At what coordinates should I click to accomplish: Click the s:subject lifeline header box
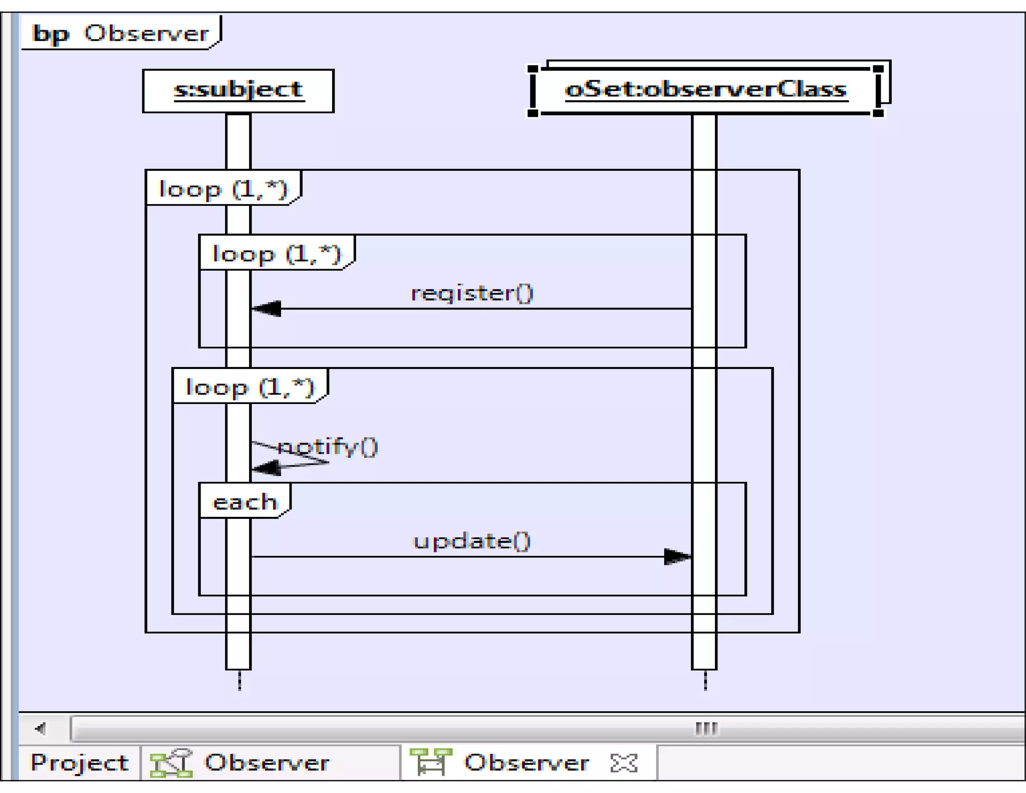point(238,91)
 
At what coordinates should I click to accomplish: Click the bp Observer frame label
point(120,33)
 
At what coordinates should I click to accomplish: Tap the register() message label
point(472,293)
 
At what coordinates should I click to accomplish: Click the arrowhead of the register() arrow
point(267,308)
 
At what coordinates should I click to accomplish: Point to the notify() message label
point(327,446)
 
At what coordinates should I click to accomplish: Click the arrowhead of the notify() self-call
point(266,468)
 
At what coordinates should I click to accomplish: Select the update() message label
point(472,541)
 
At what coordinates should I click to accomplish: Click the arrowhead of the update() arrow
point(677,556)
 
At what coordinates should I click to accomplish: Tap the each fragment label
point(244,502)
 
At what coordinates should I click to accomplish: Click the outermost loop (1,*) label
point(223,189)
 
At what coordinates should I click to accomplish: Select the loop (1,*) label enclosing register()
point(277,254)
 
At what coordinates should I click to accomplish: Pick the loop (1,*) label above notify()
point(249,387)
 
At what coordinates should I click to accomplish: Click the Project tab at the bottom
point(79,762)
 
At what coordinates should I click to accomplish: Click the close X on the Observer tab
point(624,762)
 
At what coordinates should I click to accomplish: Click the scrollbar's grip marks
point(706,728)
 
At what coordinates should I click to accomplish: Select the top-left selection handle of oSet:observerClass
point(533,69)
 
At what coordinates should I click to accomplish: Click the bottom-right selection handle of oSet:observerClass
point(878,113)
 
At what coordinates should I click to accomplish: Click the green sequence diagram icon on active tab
point(431,761)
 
